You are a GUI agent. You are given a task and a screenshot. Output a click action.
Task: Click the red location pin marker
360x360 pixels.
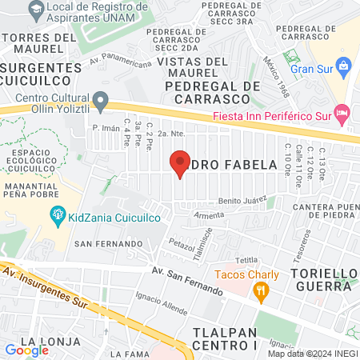pyautogui.click(x=180, y=162)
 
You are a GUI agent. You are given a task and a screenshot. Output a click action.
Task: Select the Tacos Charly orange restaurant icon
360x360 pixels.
pyautogui.click(x=259, y=294)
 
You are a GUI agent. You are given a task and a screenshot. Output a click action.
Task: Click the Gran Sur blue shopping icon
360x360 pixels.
pyautogui.click(x=343, y=65)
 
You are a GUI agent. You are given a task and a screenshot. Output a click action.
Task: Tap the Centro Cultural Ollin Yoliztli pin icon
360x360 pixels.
pyautogui.click(x=100, y=101)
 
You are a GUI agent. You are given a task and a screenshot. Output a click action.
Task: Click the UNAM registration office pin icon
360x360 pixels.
pyautogui.click(x=36, y=10)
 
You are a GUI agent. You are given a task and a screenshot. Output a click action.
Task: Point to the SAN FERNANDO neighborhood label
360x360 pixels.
pyautogui.click(x=106, y=242)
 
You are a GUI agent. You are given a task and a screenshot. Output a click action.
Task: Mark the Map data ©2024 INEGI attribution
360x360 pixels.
pyautogui.click(x=313, y=354)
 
